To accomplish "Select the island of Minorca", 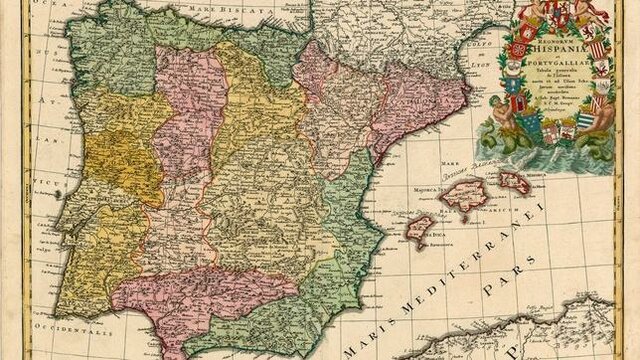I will [x=515, y=182].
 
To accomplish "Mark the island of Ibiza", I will [x=418, y=228].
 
